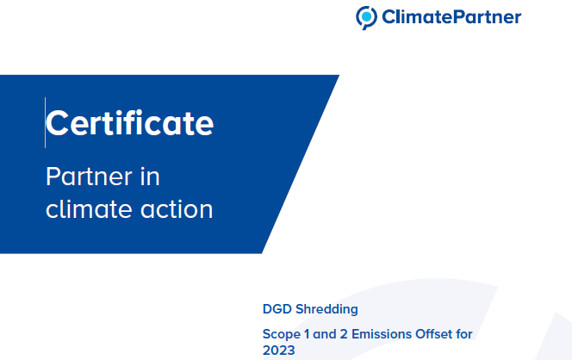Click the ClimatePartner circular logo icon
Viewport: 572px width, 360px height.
(x=366, y=17)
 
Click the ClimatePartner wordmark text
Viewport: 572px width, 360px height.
(x=451, y=17)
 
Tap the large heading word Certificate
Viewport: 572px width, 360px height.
(x=129, y=123)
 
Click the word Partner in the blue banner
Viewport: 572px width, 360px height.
(x=89, y=177)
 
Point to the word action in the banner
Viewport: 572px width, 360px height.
(x=177, y=209)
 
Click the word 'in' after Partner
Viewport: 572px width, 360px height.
(x=150, y=177)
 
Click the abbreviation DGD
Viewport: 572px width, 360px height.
(x=277, y=309)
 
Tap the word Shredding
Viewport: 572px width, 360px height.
(x=326, y=309)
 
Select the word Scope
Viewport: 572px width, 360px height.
(x=282, y=334)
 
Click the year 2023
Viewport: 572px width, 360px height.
(x=279, y=351)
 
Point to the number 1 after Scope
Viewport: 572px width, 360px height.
(x=307, y=334)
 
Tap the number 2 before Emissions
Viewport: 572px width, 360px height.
(x=344, y=334)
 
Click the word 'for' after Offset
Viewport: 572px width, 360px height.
(x=464, y=334)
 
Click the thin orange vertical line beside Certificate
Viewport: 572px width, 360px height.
(x=46, y=122)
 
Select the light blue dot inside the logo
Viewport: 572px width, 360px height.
(x=367, y=16)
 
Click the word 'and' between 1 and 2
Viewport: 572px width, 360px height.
(x=325, y=334)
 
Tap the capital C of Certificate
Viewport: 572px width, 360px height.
(x=57, y=123)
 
